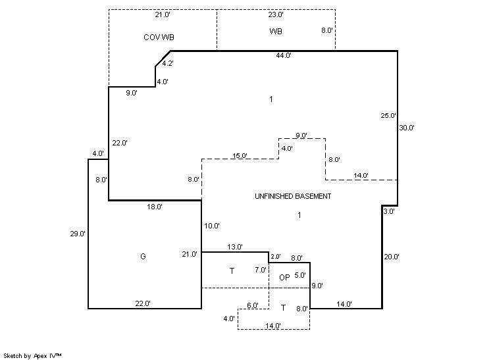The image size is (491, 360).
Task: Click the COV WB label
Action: coord(159,37)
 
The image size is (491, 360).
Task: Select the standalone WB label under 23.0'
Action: coord(276,32)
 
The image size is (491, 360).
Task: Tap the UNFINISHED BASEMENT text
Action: coord(293,196)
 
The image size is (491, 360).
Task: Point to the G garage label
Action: coord(143,256)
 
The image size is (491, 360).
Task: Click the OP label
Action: coord(284,278)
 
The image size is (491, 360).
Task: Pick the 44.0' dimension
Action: coord(284,56)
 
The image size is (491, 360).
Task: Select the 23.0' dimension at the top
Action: coord(276,14)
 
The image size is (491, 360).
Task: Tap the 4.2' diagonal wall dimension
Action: coord(168,63)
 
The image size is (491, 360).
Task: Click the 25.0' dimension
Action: coord(388,116)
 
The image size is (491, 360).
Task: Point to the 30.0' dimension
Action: coord(407,128)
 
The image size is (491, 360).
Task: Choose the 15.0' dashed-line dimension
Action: coord(240,156)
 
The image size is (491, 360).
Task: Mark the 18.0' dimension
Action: coord(155,207)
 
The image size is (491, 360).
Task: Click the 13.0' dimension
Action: coord(235,247)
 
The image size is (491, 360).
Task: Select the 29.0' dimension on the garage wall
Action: coord(78,234)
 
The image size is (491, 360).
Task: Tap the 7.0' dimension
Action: coord(260,270)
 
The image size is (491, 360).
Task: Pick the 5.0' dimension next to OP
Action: coord(299,276)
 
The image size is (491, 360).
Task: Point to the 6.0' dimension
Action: coord(253,305)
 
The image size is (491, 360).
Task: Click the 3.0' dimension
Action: coord(388,212)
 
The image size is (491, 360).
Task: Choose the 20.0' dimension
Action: coord(392,257)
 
